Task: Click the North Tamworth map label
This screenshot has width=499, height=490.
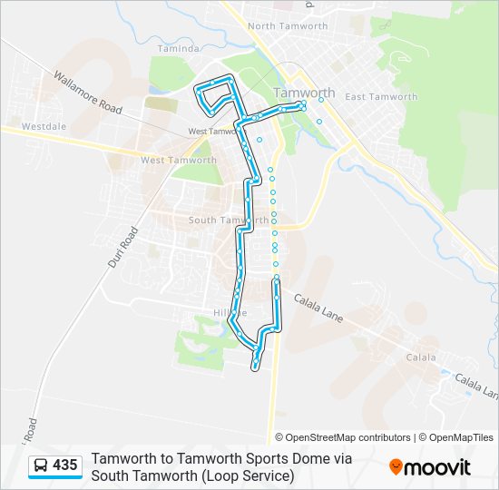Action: click(287, 26)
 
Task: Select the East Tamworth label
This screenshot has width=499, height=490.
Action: click(381, 97)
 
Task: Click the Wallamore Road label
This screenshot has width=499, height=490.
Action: click(86, 93)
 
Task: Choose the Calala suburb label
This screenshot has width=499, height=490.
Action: click(420, 358)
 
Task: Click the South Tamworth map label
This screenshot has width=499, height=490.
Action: click(228, 220)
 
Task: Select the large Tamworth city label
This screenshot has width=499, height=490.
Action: click(305, 93)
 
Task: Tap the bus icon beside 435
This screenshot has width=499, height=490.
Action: click(40, 466)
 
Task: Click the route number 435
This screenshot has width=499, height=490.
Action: click(65, 465)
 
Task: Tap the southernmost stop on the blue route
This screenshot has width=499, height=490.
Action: click(256, 367)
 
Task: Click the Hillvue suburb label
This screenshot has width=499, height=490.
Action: click(230, 313)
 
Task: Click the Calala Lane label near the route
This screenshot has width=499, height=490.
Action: click(324, 299)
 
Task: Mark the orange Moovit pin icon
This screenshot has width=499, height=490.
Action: click(396, 467)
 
